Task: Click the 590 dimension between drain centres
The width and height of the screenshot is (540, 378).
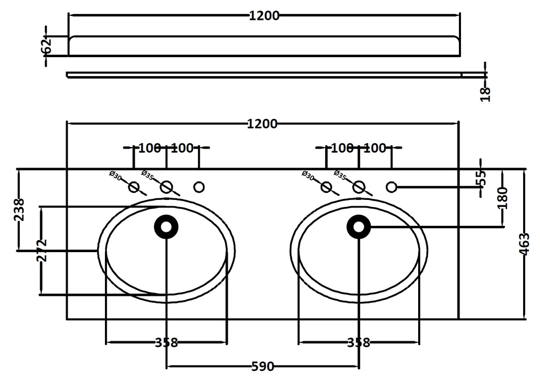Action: point(263,366)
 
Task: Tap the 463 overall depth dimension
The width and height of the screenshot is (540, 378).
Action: point(524,244)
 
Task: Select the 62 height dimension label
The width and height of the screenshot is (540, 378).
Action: point(46,45)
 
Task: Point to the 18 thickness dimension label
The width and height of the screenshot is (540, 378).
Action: point(485,94)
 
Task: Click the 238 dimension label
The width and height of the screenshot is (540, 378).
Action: point(19,209)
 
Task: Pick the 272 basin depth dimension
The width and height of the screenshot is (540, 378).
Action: point(42,251)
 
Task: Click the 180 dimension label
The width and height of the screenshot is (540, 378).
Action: point(503,198)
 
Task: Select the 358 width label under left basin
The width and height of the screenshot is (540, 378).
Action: point(167,343)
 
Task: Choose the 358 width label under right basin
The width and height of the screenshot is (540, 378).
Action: point(359,343)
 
